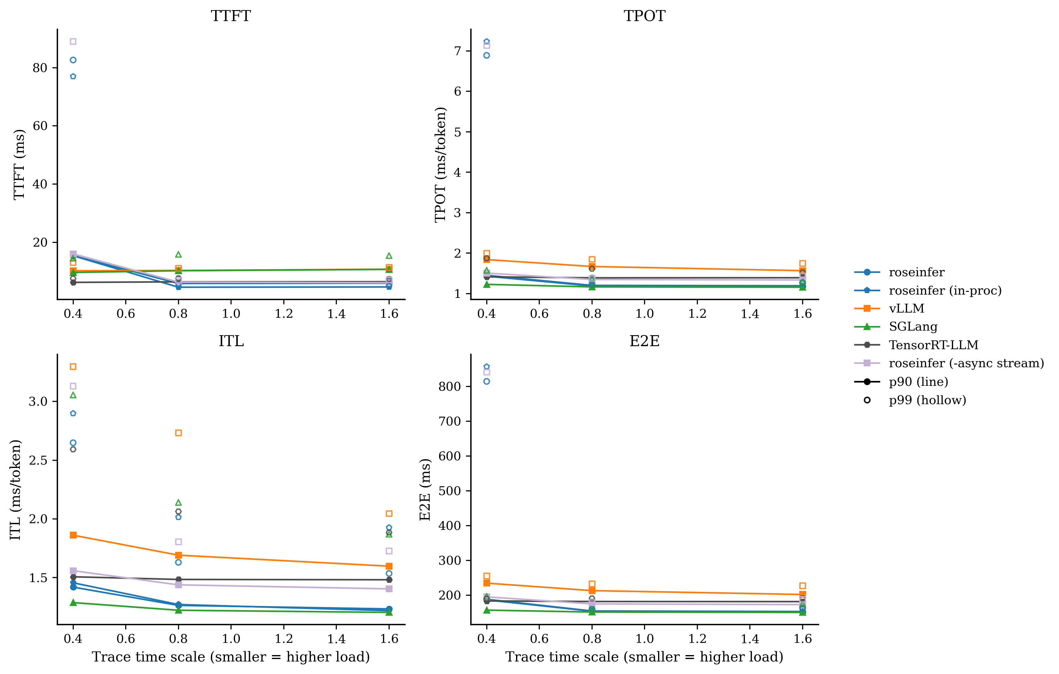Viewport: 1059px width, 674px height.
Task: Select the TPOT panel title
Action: [x=644, y=16]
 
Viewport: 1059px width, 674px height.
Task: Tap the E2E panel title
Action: [x=644, y=341]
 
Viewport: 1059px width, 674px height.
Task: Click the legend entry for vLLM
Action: [x=906, y=308]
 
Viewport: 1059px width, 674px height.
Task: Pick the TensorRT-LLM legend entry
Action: [x=933, y=345]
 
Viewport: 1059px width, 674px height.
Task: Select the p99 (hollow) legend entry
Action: [x=927, y=400]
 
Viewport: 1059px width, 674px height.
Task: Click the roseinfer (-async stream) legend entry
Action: [x=966, y=363]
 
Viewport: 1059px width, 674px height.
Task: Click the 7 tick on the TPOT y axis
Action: [x=457, y=51]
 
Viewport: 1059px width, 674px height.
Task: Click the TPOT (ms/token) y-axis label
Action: [x=441, y=165]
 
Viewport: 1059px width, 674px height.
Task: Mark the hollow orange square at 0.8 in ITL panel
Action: [x=179, y=433]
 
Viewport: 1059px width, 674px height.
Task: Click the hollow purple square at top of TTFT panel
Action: [x=73, y=41]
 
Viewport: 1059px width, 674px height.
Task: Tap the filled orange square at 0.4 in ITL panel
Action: [x=73, y=535]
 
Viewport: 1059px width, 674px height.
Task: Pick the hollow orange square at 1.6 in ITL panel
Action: [x=389, y=513]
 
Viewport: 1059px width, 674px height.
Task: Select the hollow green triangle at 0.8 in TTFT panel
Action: [x=179, y=254]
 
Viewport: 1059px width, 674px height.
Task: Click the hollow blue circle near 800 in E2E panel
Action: [x=486, y=382]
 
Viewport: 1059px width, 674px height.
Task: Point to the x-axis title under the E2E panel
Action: [x=644, y=657]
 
